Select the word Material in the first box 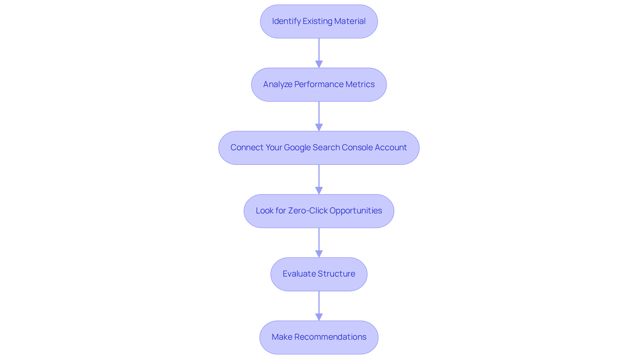(x=350, y=21)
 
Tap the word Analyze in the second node (x=277, y=84)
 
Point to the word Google (x=297, y=148)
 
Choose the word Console (x=357, y=148)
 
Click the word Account (x=391, y=148)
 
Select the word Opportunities (x=356, y=211)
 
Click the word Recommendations (x=330, y=337)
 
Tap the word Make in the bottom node (x=282, y=337)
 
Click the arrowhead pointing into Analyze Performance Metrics (x=319, y=64)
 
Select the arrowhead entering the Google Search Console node (x=319, y=127)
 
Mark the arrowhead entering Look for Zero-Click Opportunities (x=319, y=190)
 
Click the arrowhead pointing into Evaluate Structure (x=319, y=254)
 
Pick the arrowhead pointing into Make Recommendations (x=319, y=317)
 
